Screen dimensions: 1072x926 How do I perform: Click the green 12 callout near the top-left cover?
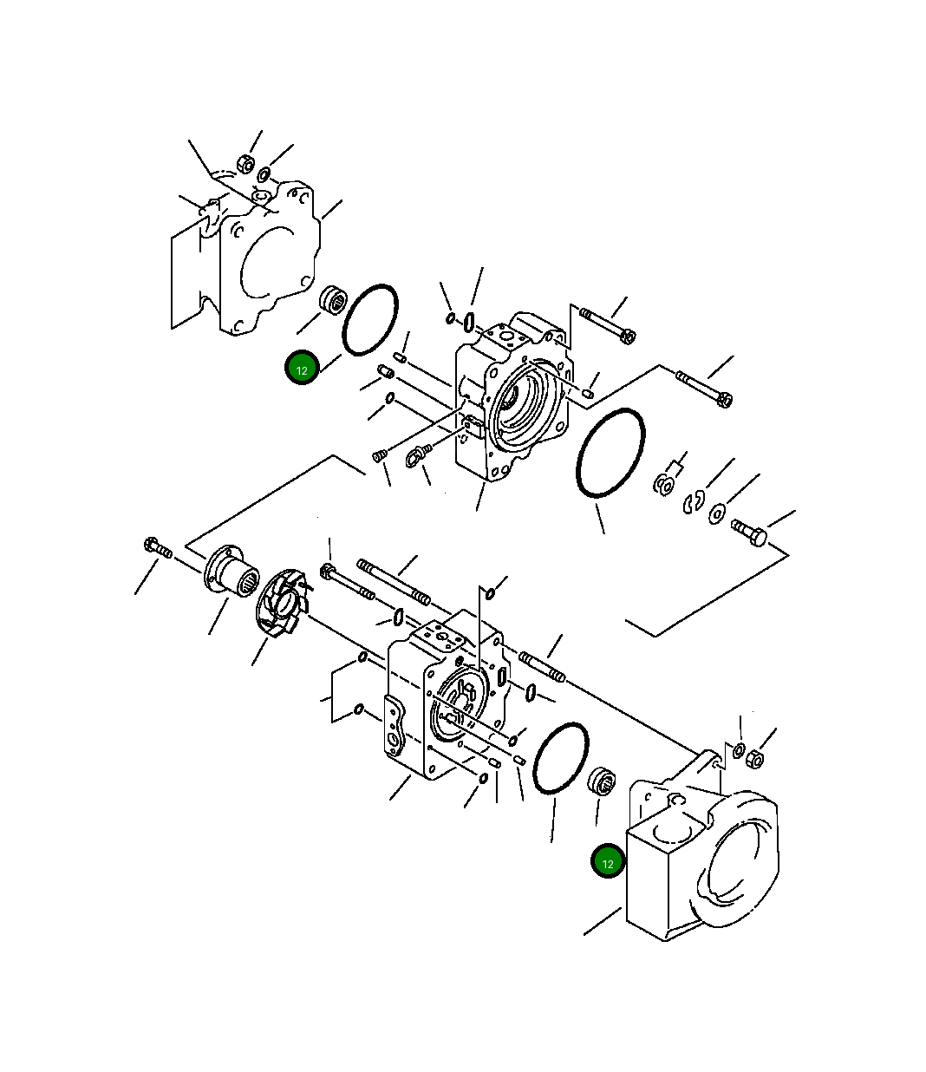tap(302, 369)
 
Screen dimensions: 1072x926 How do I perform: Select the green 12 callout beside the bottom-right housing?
tap(608, 863)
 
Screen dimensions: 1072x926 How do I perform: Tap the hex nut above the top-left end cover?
tap(245, 163)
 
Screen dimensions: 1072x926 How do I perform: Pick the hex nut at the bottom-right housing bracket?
tap(754, 759)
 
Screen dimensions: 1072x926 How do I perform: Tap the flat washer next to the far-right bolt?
tap(718, 513)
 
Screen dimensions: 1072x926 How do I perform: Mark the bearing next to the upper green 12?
tap(333, 301)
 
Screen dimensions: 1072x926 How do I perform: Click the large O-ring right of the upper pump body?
tap(610, 453)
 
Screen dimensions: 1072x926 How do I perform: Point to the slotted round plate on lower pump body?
tap(460, 701)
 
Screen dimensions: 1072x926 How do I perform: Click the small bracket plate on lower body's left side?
tap(395, 730)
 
